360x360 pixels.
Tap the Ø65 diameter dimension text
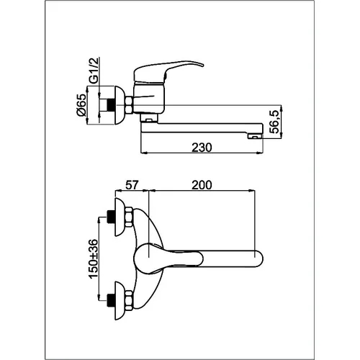[x=81, y=105]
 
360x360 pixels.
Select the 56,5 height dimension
[x=274, y=122]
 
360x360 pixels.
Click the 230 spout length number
[x=202, y=148]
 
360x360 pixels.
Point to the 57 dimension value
[x=132, y=185]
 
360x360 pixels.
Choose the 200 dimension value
[x=202, y=185]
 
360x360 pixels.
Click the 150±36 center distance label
[x=94, y=258]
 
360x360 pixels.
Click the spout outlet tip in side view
[x=256, y=137]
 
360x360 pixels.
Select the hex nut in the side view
[x=129, y=105]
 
